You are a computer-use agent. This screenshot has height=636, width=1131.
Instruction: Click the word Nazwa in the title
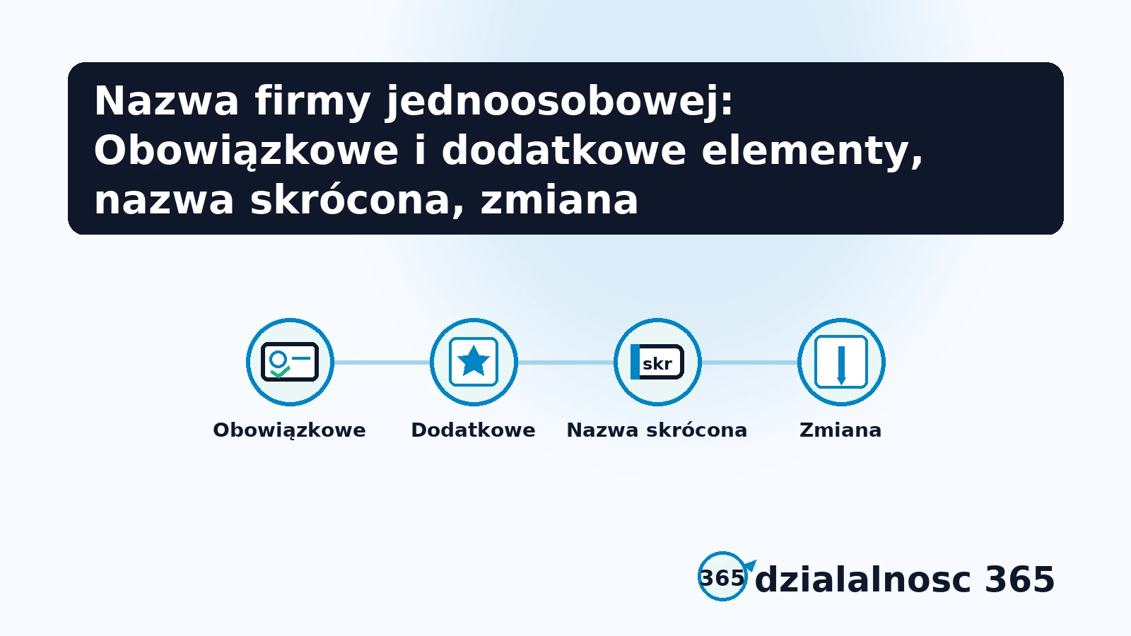[167, 101]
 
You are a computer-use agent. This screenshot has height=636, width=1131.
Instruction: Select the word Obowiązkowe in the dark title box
[246, 151]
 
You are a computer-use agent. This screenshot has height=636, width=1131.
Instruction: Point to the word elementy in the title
[812, 151]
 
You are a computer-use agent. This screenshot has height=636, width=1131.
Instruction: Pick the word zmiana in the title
[559, 200]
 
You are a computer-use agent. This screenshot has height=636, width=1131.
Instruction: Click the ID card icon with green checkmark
[290, 362]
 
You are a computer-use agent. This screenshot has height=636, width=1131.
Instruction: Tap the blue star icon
[474, 362]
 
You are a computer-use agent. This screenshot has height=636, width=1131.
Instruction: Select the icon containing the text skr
[657, 362]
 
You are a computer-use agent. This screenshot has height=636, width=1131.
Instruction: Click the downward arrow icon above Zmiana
[841, 362]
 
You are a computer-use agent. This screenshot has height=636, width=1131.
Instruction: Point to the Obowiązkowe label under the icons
[290, 430]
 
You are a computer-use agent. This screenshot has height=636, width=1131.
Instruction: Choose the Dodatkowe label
[474, 430]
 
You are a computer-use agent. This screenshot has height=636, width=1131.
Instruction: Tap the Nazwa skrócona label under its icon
[657, 430]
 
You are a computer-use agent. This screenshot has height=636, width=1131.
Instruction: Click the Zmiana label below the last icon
[840, 430]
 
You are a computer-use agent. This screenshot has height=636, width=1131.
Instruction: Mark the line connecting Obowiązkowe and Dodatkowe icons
[382, 363]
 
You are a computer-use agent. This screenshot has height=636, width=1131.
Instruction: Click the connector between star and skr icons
[565, 363]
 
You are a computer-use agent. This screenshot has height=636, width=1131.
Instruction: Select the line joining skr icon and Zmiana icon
[749, 363]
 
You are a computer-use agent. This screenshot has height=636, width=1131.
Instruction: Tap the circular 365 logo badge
[722, 577]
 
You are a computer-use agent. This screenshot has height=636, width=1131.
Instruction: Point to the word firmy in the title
[312, 101]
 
